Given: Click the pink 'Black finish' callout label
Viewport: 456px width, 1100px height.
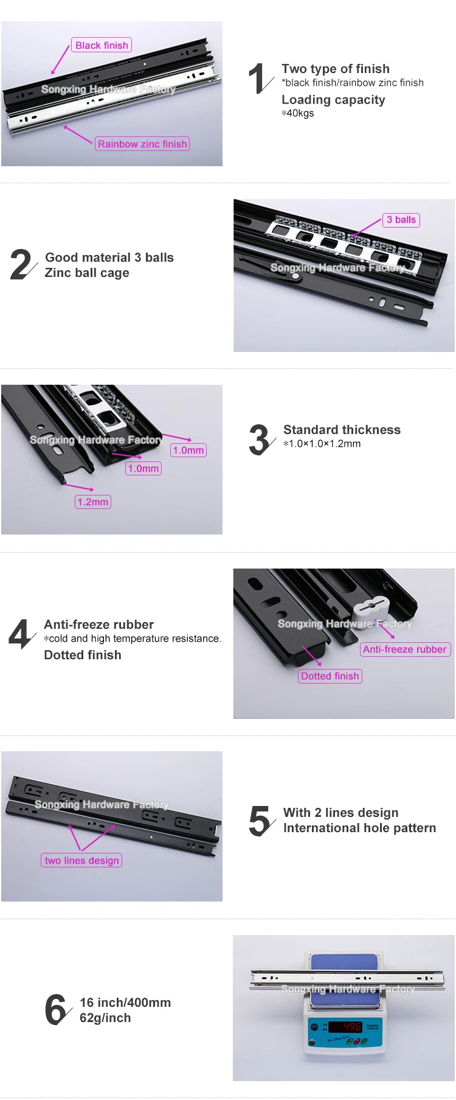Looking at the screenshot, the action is click(x=102, y=45).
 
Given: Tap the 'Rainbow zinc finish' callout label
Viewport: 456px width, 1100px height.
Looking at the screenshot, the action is click(x=142, y=144).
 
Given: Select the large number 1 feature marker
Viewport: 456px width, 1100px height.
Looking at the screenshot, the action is click(x=259, y=79).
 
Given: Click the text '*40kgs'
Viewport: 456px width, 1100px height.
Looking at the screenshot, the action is click(x=298, y=113).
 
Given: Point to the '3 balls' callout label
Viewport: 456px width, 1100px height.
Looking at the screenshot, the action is click(x=401, y=220).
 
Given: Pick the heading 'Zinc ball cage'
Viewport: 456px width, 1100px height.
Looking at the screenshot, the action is click(x=87, y=273).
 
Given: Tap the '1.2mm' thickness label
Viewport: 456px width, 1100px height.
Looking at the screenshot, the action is click(x=93, y=502).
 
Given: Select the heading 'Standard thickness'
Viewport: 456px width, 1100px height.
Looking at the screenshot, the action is click(x=342, y=430).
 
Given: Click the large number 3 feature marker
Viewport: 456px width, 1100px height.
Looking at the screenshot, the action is click(x=260, y=440).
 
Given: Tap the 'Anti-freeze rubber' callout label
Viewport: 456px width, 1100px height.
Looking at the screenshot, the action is click(x=405, y=650).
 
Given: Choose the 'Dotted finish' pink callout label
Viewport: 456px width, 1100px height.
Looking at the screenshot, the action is click(x=330, y=676).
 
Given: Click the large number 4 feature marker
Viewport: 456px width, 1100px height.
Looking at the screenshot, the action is click(x=21, y=634).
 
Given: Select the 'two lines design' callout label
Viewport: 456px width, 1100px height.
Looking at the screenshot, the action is click(x=82, y=860).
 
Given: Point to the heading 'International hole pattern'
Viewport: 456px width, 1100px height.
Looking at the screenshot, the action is click(x=359, y=828).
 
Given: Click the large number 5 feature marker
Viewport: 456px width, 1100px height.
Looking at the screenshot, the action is click(x=261, y=821).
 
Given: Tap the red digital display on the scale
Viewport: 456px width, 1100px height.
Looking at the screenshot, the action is click(x=345, y=1026).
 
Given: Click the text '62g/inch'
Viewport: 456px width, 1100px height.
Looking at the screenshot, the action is click(x=105, y=1018).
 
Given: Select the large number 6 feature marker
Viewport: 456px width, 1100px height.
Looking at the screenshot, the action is click(x=57, y=1009).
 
